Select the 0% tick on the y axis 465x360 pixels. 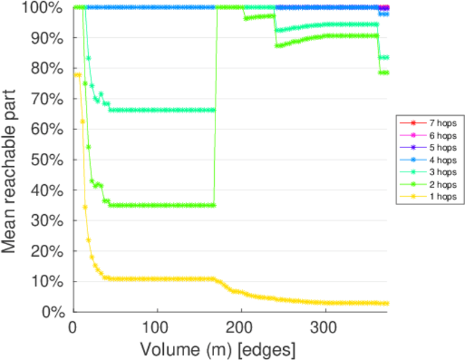click(53, 311)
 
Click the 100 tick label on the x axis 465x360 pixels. click(157, 328)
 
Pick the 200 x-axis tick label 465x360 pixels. click(241, 328)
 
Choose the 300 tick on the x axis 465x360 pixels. click(325, 328)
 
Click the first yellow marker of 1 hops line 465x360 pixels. click(74, 75)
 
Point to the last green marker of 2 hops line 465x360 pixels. click(387, 73)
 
